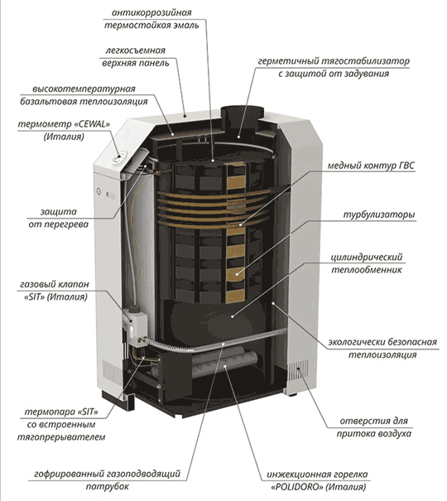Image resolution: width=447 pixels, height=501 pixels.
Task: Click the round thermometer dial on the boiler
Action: (118, 157)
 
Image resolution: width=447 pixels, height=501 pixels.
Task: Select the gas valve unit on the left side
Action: (134, 325)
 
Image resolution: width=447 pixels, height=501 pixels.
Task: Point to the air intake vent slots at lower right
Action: (298, 370)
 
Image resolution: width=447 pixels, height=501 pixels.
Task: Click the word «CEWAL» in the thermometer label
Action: (92, 124)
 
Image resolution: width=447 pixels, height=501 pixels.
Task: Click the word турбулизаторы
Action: (379, 214)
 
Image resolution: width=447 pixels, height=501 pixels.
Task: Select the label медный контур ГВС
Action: (371, 166)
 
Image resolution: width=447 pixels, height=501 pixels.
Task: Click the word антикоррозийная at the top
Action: (151, 12)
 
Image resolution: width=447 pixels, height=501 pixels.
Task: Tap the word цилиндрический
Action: (366, 258)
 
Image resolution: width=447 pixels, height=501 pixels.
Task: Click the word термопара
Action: (49, 412)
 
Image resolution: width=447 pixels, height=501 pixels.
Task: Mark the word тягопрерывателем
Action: (61, 437)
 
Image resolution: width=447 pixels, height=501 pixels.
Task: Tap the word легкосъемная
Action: (136, 51)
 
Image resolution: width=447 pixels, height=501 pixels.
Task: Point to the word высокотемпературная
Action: (84, 89)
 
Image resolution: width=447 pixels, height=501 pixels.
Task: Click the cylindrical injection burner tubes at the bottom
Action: (223, 362)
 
